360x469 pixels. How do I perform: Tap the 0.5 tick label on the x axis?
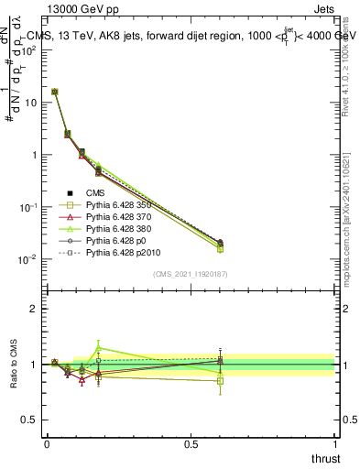tap(190, 444)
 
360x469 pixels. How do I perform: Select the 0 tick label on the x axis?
tap(47, 444)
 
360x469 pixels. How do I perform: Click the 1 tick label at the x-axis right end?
tap(334, 444)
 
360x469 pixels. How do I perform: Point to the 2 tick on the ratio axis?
tap(34, 308)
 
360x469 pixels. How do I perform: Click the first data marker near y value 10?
tap(55, 92)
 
